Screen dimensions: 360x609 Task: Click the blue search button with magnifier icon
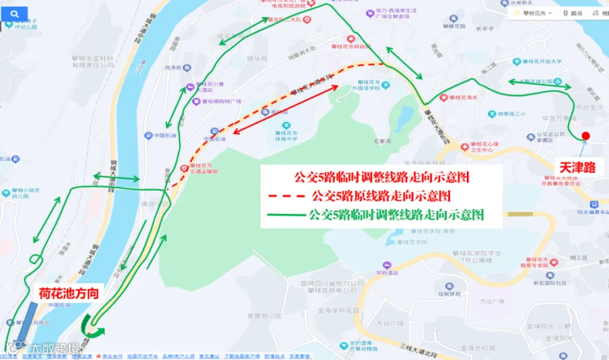pyautogui.click(x=15, y=13)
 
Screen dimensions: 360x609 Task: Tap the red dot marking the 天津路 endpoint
pyautogui.click(x=585, y=136)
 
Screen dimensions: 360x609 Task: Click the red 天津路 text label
pyautogui.click(x=577, y=166)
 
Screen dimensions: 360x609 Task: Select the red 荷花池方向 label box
pyautogui.click(x=68, y=293)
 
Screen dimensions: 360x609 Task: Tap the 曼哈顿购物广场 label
pyautogui.click(x=217, y=102)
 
